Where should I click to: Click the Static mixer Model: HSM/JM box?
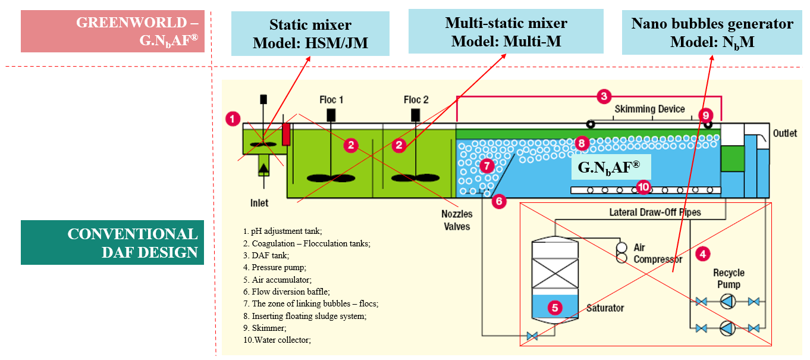click(x=310, y=34)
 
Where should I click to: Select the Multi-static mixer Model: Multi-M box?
click(x=506, y=32)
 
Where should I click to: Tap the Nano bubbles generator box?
click(x=712, y=33)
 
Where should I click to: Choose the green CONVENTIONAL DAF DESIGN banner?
click(x=112, y=242)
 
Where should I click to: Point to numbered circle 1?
click(x=233, y=118)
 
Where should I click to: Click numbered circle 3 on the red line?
click(x=603, y=96)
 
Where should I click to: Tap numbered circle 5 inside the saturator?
click(x=554, y=308)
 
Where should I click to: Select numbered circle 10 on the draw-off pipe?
click(x=643, y=187)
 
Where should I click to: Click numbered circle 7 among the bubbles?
click(x=486, y=166)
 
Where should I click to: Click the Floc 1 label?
click(x=331, y=99)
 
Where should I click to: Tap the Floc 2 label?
click(x=416, y=99)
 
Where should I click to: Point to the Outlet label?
click(x=784, y=133)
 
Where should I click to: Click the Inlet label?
click(x=259, y=203)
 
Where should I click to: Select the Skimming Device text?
click(x=649, y=109)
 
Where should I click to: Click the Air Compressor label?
click(x=657, y=253)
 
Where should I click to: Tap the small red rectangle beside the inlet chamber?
click(x=286, y=134)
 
